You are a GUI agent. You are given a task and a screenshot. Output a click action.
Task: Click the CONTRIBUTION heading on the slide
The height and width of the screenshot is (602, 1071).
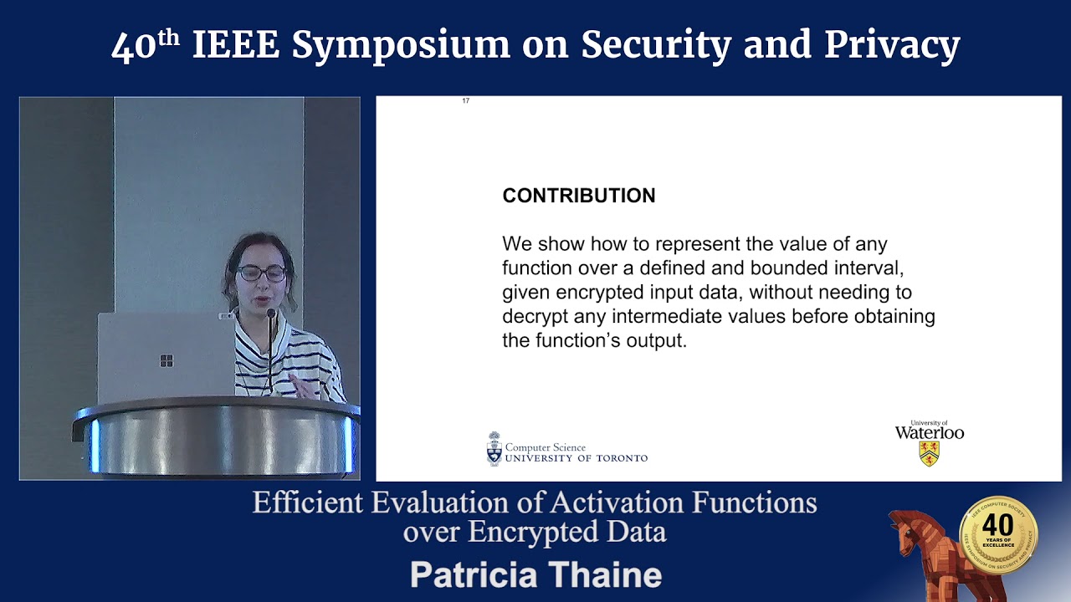coord(578,196)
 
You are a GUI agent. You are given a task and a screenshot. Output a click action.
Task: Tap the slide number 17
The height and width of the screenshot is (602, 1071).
coord(466,101)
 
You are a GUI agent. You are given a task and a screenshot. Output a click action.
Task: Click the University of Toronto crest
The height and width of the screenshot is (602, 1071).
coord(494,449)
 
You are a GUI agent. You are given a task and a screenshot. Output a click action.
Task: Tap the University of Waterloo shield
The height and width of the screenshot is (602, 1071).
coord(929,453)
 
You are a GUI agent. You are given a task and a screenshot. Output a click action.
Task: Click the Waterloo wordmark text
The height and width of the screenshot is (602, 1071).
coord(929,433)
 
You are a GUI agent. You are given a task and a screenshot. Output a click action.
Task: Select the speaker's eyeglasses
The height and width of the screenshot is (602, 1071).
coord(261,273)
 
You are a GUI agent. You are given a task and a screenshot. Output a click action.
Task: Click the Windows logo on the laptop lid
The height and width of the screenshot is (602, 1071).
coord(167,361)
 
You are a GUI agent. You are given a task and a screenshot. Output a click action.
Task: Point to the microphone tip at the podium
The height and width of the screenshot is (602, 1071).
coord(270,314)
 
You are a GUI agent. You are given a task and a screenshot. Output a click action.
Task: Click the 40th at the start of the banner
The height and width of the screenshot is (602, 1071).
coord(145,46)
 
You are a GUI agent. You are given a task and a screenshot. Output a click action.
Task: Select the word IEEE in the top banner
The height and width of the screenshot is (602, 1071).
coord(235,46)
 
